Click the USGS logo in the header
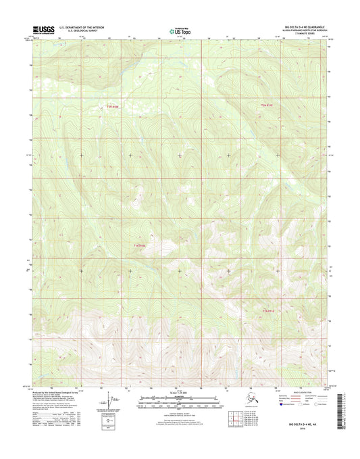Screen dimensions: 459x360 43,30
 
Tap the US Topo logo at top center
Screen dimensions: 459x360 180,30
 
